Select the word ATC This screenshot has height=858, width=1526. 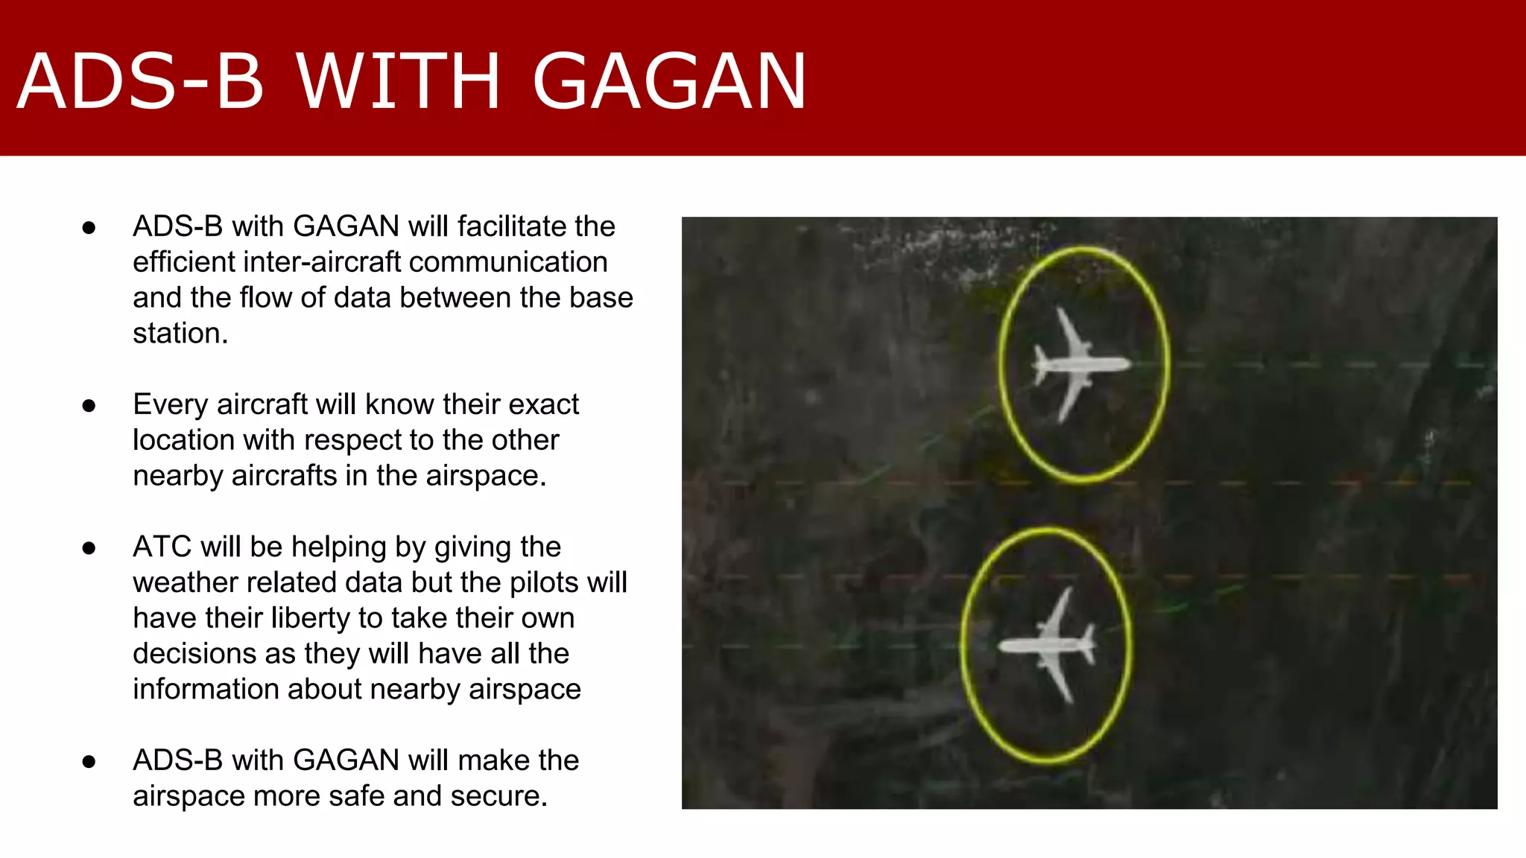[x=162, y=547]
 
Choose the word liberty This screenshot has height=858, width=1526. [x=314, y=618]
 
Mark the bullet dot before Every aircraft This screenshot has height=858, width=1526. [x=89, y=406]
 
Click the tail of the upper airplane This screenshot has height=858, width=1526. [x=1039, y=365]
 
